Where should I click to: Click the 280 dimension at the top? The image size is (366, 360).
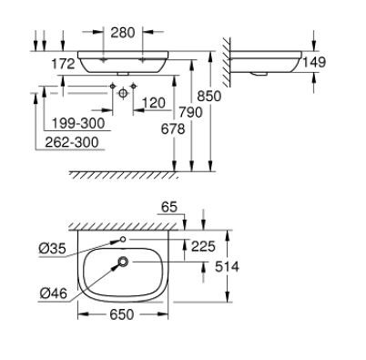122,32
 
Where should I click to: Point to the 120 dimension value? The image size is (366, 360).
153,102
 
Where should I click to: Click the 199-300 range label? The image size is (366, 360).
76,123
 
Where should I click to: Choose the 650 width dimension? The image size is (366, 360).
123,314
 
